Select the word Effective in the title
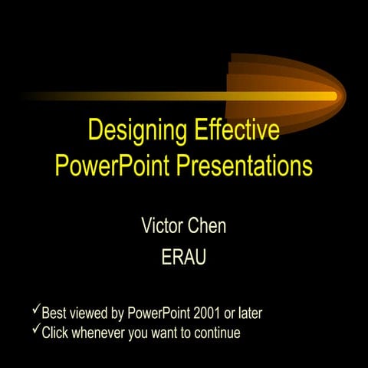(x=235, y=131)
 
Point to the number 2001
(x=209, y=313)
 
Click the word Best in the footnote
(x=54, y=313)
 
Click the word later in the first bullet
(x=257, y=313)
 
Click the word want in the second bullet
(x=172, y=333)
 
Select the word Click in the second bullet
(x=56, y=333)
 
